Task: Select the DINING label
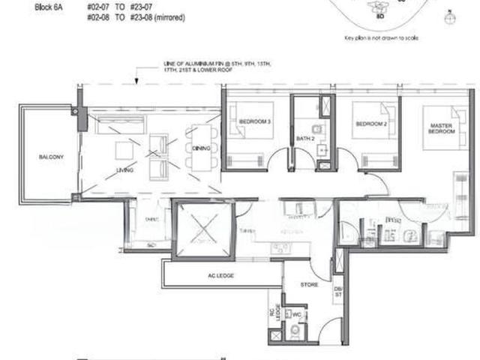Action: pyautogui.click(x=201, y=148)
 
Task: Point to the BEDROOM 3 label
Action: pyautogui.click(x=254, y=121)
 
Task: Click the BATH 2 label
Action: pyautogui.click(x=304, y=139)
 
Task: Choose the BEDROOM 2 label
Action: pyautogui.click(x=370, y=124)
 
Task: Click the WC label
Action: pyautogui.click(x=297, y=314)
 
